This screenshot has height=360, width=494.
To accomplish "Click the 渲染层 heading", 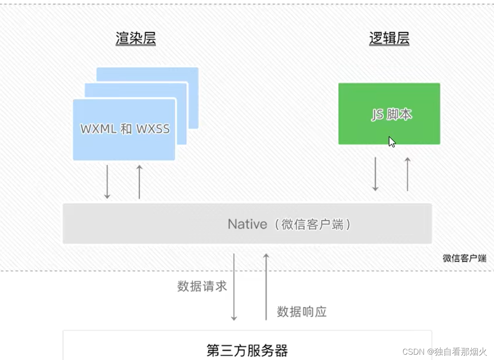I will [x=135, y=38].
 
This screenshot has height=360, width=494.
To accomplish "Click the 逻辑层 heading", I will [x=389, y=38].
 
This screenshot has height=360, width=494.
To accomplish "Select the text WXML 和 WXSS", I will [x=125, y=129].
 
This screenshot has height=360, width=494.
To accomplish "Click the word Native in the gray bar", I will [x=247, y=224].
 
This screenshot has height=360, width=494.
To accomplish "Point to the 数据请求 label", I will [x=202, y=286].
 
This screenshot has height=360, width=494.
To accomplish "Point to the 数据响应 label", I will [x=301, y=312].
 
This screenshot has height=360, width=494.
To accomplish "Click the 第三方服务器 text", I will [x=247, y=351].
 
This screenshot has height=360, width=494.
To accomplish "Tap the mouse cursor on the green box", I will [x=392, y=142].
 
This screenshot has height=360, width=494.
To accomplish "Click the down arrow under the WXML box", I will [x=107, y=181].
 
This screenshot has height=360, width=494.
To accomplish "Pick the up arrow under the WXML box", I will [x=139, y=181].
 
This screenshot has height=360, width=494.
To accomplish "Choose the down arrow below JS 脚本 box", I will [x=375, y=173].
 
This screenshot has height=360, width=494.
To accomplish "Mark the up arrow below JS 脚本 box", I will [x=408, y=173].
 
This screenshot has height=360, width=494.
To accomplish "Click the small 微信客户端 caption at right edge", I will [x=464, y=258].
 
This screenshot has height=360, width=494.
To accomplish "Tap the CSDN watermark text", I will [x=444, y=352].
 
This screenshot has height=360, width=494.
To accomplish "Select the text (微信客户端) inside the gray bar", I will [x=312, y=224].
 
